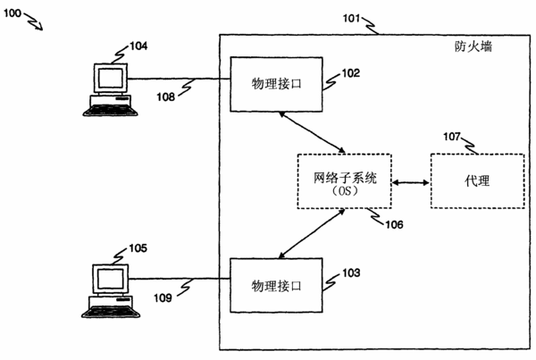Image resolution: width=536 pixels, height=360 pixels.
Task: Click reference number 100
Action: point(13,13)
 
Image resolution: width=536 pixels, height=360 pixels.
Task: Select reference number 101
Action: point(352,18)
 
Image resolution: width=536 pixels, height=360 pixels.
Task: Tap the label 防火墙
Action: point(473,46)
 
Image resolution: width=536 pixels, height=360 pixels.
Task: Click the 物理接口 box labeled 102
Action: point(276,84)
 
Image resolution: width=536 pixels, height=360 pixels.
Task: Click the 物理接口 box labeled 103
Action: point(276,285)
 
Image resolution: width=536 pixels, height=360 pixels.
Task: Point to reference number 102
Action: point(351,73)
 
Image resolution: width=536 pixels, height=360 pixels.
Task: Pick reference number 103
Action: point(351,272)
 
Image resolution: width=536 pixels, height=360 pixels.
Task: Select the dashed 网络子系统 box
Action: point(345,181)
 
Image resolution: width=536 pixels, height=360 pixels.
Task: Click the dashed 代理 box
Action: point(478,180)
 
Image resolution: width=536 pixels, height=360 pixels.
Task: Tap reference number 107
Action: point(452,137)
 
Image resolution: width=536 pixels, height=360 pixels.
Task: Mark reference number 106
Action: point(394,224)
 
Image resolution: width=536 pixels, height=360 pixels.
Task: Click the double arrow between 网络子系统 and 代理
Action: point(411,182)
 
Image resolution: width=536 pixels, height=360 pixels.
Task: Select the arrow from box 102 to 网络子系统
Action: point(312,132)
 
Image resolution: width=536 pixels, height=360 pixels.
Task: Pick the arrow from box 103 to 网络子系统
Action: point(312,233)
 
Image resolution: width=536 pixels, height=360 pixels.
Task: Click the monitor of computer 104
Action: point(111,79)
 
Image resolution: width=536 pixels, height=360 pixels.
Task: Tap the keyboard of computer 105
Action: point(111,312)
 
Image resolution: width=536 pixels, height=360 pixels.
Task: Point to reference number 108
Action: point(165,97)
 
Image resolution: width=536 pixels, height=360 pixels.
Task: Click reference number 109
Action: point(163,298)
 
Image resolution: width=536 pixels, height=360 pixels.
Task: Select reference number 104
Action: point(138,46)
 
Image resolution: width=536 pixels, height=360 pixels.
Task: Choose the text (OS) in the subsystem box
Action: point(345,191)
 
